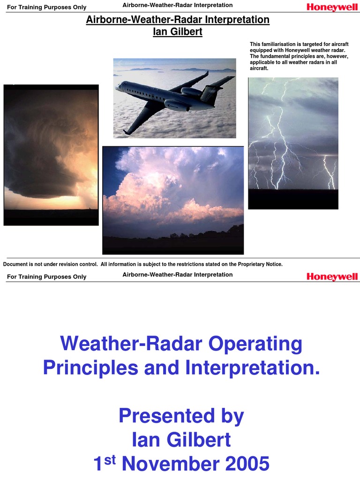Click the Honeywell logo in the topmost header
point(332,7)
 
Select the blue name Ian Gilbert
point(181,440)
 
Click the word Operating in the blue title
point(255,345)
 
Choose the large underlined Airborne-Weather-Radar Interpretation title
point(178,20)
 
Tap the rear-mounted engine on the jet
point(191,92)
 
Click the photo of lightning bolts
point(293,143)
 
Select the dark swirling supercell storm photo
point(51,155)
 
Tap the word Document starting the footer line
point(15,264)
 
